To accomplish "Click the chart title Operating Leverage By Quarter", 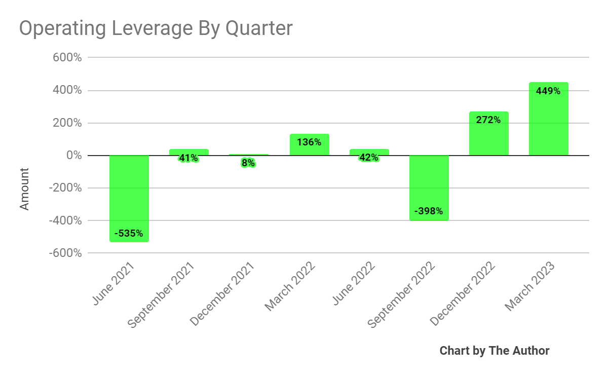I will [x=156, y=28].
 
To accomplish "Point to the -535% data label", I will [x=129, y=234].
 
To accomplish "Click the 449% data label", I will [x=548, y=91].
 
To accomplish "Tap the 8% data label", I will [x=248, y=163].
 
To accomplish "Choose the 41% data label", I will [x=188, y=158].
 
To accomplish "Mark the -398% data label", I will [x=429, y=211].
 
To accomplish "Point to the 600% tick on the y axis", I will [x=67, y=58].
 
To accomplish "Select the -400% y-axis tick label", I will [x=65, y=220].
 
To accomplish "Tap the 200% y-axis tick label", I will [x=67, y=123].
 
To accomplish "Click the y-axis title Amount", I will [x=24, y=189].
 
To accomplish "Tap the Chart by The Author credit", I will [x=494, y=351].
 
